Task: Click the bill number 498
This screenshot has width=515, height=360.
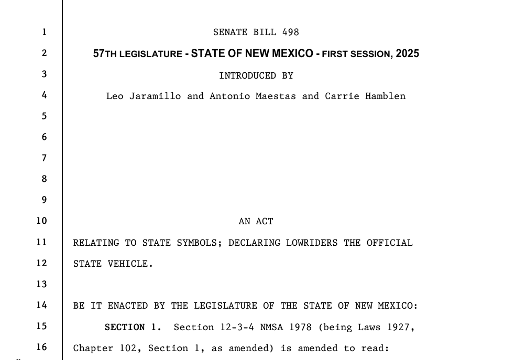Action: (290, 32)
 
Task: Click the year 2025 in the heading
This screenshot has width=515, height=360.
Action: (407, 54)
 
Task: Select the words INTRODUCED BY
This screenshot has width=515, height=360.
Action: (256, 75)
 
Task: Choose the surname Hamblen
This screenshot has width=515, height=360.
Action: (385, 96)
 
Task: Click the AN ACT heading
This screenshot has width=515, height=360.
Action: (256, 222)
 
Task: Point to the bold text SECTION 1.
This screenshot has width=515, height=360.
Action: (133, 328)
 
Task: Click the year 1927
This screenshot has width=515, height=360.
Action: (401, 328)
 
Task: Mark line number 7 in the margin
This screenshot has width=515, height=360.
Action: (44, 158)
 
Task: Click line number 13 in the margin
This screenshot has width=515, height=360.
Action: (41, 284)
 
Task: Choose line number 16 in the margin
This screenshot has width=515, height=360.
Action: (41, 347)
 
